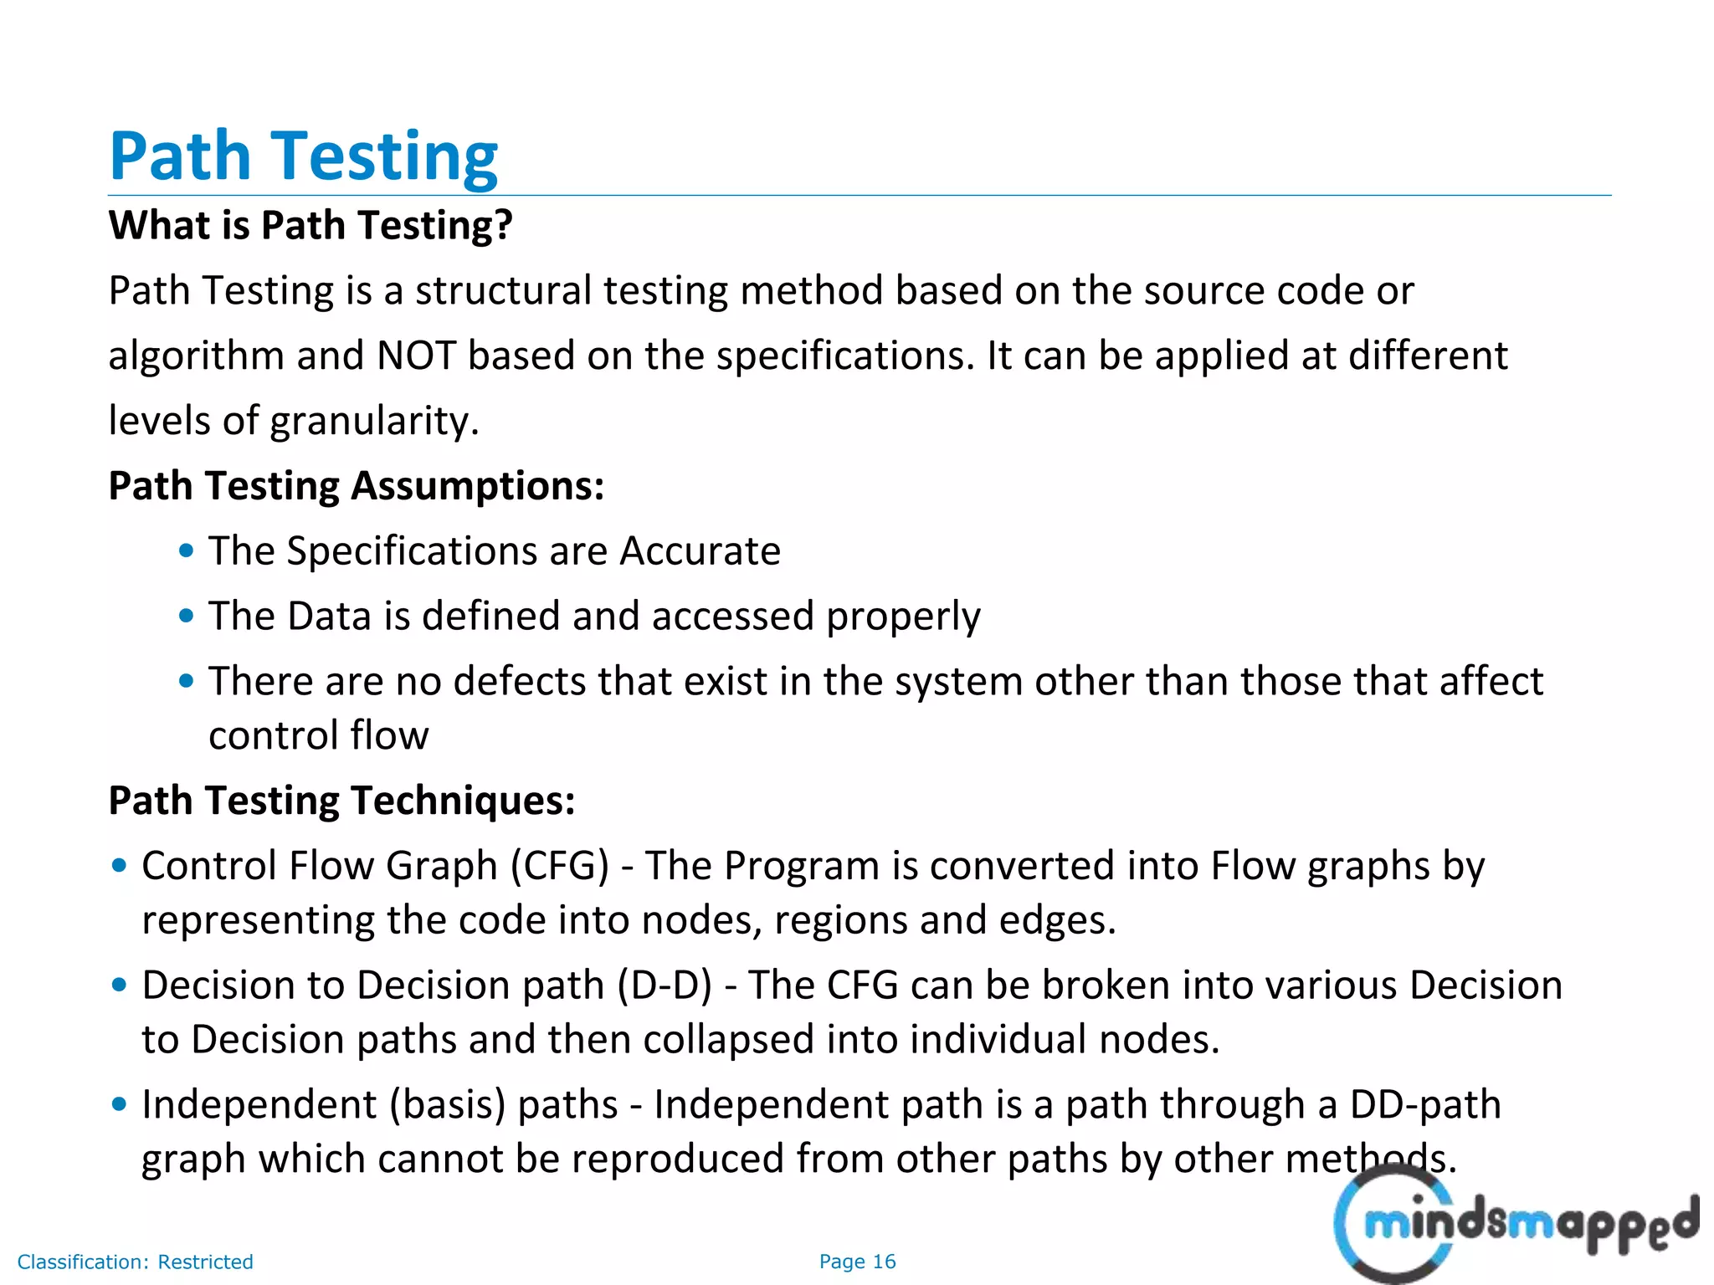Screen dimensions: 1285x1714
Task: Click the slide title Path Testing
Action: coord(304,156)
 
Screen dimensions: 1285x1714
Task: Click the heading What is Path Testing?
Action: coord(310,225)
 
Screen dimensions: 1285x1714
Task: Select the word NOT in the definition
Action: coord(416,356)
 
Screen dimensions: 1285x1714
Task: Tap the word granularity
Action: coord(375,421)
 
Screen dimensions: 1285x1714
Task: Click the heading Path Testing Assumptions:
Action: coord(357,486)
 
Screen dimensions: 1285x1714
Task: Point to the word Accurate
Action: coord(700,551)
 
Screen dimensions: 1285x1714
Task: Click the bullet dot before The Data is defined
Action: coord(187,617)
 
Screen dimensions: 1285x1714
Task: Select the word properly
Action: coord(903,617)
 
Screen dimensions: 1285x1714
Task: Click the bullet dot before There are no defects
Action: coord(187,681)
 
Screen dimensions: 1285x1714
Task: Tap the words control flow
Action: coord(318,736)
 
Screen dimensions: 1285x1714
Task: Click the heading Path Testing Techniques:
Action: coord(342,801)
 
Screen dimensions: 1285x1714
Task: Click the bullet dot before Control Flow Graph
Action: coord(120,866)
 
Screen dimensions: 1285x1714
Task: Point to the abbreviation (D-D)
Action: coord(665,986)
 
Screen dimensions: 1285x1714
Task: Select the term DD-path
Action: coord(1425,1105)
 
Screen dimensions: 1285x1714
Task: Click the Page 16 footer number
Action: coord(857,1262)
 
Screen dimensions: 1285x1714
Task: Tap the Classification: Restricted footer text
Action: coord(136,1262)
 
